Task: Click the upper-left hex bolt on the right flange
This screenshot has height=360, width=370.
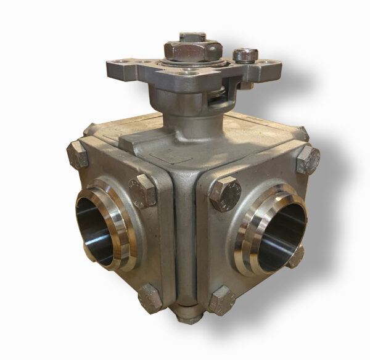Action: [x=225, y=194]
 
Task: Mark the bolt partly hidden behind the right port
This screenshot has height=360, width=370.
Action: [x=297, y=256]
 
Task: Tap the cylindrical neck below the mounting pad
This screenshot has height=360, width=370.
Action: [x=179, y=105]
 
